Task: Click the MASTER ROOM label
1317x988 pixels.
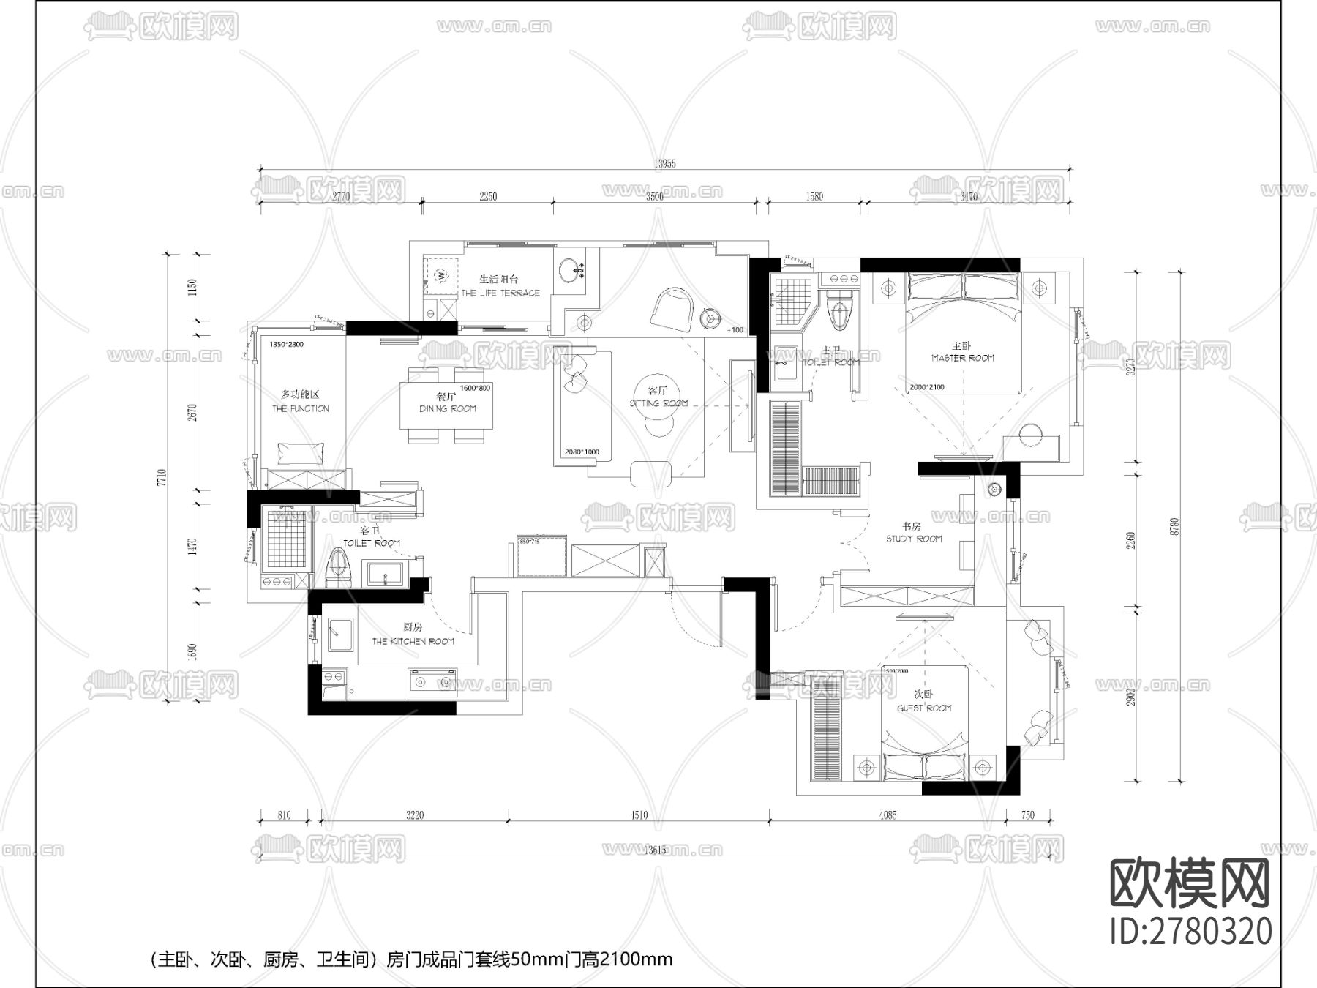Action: coord(962,358)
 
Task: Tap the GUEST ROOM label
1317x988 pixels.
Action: coord(924,708)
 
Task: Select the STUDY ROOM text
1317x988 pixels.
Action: coord(914,539)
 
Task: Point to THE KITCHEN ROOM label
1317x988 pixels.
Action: coord(413,641)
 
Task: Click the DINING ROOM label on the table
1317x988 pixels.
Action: coord(447,408)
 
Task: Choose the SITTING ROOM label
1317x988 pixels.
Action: coord(658,403)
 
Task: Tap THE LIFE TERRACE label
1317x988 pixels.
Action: coord(500,293)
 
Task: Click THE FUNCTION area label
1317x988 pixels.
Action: coord(300,408)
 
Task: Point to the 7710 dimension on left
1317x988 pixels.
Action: coord(162,477)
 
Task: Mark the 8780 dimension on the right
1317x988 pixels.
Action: coord(1175,525)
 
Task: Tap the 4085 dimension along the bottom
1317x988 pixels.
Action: coord(887,815)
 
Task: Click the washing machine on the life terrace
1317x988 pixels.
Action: coord(441,274)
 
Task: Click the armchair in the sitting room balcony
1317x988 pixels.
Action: coord(673,308)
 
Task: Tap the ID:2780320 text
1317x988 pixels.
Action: coord(1190,932)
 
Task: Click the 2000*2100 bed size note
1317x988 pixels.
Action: coord(926,387)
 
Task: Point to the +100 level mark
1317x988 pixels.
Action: coord(735,330)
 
